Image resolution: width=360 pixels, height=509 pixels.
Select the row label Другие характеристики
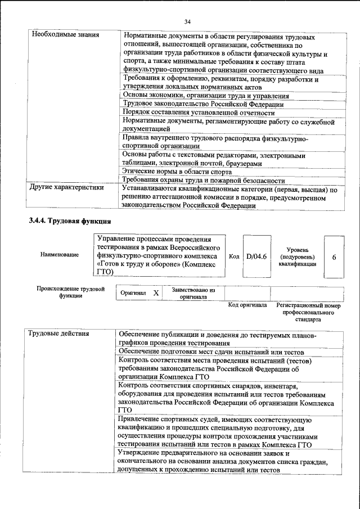(x=67, y=188)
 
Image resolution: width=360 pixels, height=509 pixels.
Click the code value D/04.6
(x=255, y=256)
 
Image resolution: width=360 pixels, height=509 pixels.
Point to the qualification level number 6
(x=334, y=257)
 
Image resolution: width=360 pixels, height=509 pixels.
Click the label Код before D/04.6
(x=234, y=256)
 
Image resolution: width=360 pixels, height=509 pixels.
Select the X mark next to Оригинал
(x=156, y=293)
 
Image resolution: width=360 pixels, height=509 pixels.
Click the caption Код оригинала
(x=247, y=305)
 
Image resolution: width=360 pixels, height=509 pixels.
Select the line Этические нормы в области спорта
(x=177, y=171)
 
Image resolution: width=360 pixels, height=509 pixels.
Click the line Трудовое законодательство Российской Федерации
(x=202, y=104)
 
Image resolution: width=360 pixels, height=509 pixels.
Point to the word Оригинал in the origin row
(x=134, y=293)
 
